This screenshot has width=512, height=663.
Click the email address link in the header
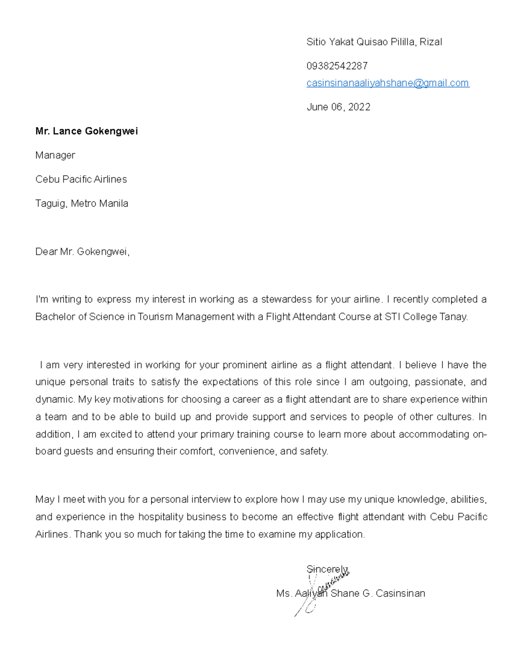coord(387,83)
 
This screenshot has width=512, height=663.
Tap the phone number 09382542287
coord(337,66)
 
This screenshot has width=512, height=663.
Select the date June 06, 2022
coord(338,107)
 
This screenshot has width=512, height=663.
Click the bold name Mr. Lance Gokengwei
coord(87,131)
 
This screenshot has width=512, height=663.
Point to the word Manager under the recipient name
coord(55,155)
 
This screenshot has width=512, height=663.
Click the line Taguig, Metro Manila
coord(81,203)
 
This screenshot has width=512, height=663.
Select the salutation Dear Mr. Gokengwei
coord(82,252)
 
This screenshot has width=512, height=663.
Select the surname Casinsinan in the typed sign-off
coord(400,593)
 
